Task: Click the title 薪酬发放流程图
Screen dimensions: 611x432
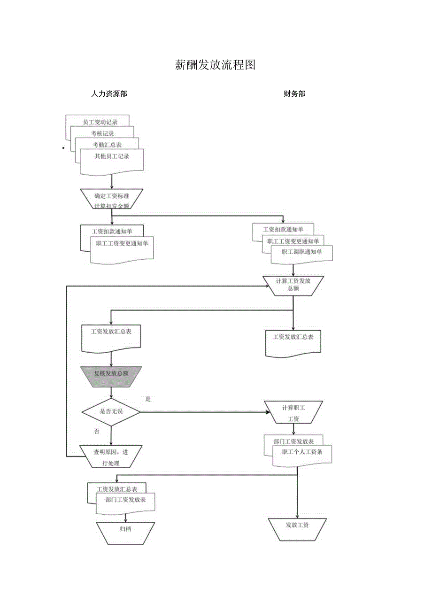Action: pyautogui.click(x=215, y=65)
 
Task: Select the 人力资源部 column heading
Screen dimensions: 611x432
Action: pyautogui.click(x=109, y=94)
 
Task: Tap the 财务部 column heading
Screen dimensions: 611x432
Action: pyautogui.click(x=294, y=94)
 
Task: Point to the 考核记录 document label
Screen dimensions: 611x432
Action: pyautogui.click(x=102, y=133)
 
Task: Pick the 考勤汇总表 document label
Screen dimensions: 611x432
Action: pyautogui.click(x=107, y=145)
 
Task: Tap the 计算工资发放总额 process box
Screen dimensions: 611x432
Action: pyautogui.click(x=293, y=285)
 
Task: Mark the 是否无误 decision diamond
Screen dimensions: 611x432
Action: pyautogui.click(x=111, y=412)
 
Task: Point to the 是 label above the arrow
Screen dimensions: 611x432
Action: pyautogui.click(x=148, y=399)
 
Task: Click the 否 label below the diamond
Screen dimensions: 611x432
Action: pyautogui.click(x=97, y=431)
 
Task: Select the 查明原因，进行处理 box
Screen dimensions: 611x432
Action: pyautogui.click(x=111, y=456)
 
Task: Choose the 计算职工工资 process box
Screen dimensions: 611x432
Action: pyautogui.click(x=293, y=412)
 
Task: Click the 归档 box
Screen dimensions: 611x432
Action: pyautogui.click(x=125, y=533)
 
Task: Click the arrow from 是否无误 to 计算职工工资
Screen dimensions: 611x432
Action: pyautogui.click(x=202, y=412)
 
